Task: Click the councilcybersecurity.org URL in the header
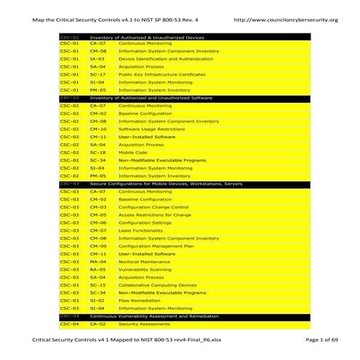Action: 287,20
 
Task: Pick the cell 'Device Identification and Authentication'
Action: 166,59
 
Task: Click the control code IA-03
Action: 98,59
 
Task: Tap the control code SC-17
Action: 98,74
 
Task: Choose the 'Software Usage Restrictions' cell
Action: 152,129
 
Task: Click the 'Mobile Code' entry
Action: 133,153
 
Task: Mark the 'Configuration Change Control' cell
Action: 153,207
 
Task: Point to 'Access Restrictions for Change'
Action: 155,215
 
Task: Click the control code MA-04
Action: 98,262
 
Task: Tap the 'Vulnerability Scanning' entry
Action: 145,269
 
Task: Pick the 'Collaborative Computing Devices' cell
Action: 158,285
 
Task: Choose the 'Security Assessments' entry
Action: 145,324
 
